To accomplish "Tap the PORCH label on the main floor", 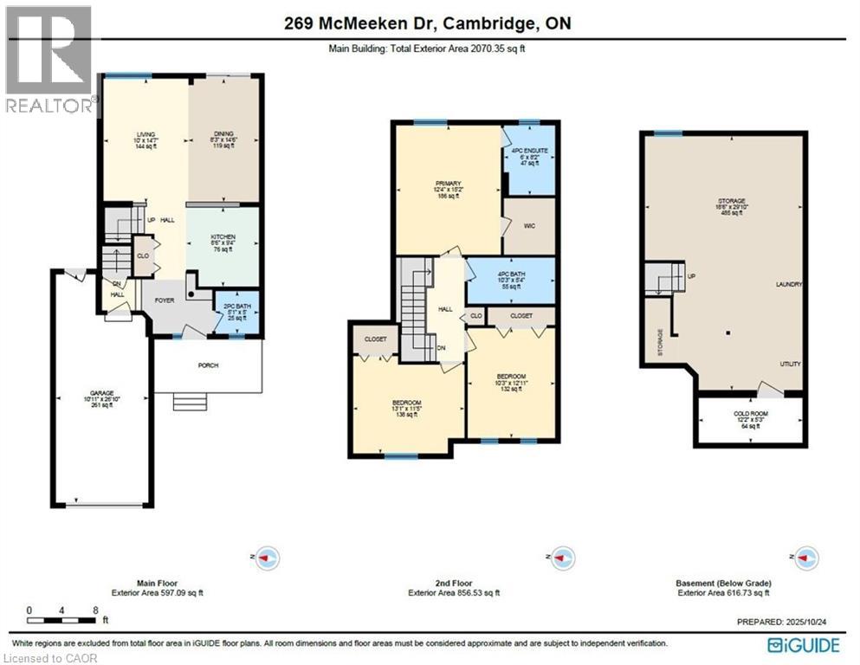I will point(208,365).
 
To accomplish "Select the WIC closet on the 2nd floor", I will point(528,226).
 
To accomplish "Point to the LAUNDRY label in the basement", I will point(789,285).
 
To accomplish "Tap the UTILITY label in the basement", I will point(790,365).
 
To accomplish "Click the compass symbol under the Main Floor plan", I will point(268,557).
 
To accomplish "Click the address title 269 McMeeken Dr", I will point(428,23).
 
